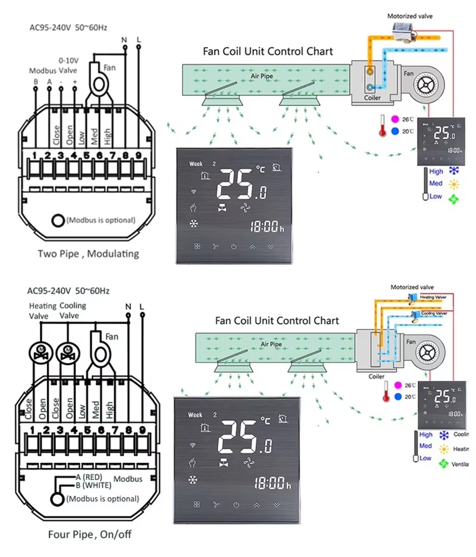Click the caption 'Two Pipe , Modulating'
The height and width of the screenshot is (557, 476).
(88, 253)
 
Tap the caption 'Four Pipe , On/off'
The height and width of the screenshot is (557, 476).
(89, 534)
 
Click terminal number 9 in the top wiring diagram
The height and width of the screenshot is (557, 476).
(137, 156)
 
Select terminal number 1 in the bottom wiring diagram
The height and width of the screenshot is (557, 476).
(33, 429)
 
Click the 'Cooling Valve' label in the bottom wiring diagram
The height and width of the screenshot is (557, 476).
(73, 310)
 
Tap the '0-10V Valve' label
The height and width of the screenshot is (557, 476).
(69, 65)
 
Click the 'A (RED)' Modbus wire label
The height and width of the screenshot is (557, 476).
(89, 477)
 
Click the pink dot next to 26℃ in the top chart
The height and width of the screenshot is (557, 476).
(395, 119)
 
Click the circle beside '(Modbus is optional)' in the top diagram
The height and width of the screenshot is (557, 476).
(57, 220)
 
